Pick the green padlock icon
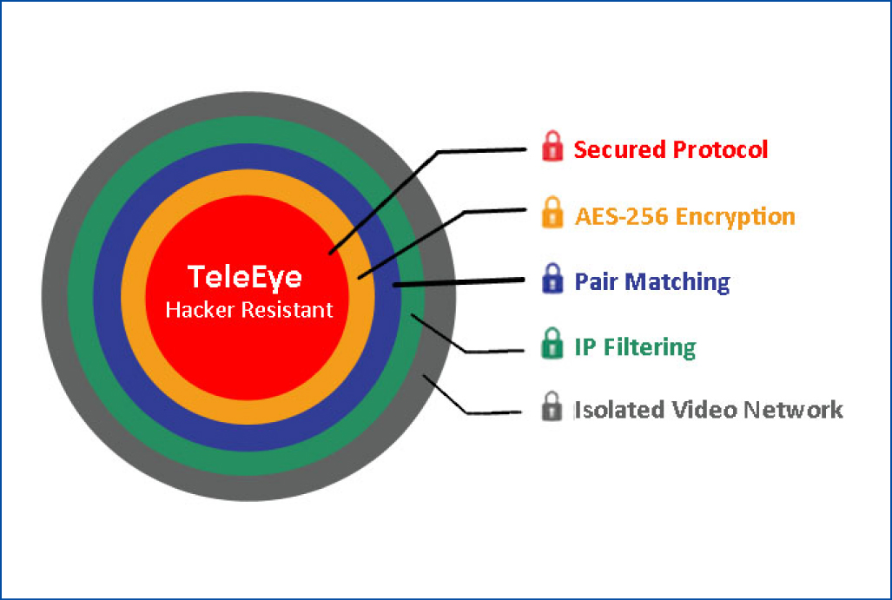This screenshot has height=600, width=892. [x=552, y=343]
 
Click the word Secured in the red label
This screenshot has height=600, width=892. [x=619, y=149]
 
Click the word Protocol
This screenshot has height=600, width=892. [x=720, y=149]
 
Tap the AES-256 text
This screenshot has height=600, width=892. [x=622, y=217]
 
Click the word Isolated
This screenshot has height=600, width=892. [x=619, y=410]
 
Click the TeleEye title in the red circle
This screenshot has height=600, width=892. [x=245, y=278]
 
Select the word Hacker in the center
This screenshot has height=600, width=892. [x=201, y=310]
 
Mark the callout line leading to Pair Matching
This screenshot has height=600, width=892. [x=459, y=282]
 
